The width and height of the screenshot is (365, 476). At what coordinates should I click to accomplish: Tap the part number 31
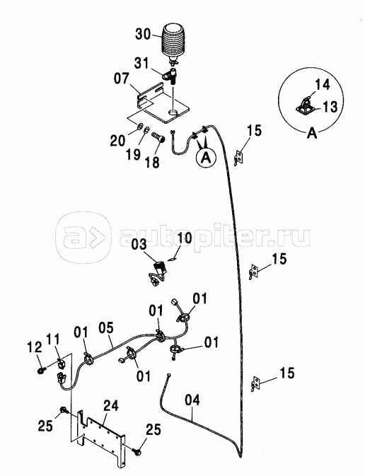tap(141, 63)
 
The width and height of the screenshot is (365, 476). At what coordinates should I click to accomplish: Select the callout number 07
tap(122, 79)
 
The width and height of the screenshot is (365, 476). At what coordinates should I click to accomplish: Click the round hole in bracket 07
tap(173, 113)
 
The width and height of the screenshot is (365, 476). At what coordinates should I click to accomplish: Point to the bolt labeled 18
tap(158, 136)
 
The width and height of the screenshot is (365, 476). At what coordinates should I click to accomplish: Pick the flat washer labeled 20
tap(140, 125)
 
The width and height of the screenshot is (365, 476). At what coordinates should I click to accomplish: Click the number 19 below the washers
tap(133, 154)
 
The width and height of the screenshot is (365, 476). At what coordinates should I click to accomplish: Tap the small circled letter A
tap(206, 158)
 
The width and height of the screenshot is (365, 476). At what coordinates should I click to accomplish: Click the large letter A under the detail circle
tap(312, 133)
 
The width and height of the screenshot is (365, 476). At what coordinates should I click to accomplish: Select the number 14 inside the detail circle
tap(322, 85)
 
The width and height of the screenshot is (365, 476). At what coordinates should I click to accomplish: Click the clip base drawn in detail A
tap(304, 110)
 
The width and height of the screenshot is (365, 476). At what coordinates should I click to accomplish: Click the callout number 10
tap(185, 237)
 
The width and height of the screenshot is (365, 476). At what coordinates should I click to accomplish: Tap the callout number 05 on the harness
tap(106, 328)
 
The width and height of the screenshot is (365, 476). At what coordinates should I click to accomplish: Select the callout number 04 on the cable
tap(192, 400)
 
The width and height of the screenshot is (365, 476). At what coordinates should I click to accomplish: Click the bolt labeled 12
tap(41, 370)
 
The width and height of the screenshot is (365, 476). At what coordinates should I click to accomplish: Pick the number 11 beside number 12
tap(53, 340)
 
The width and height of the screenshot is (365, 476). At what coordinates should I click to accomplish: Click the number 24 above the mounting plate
tap(111, 405)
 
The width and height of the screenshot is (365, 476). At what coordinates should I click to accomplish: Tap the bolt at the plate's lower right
tap(137, 451)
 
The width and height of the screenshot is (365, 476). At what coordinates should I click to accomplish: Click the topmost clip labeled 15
tap(238, 158)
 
